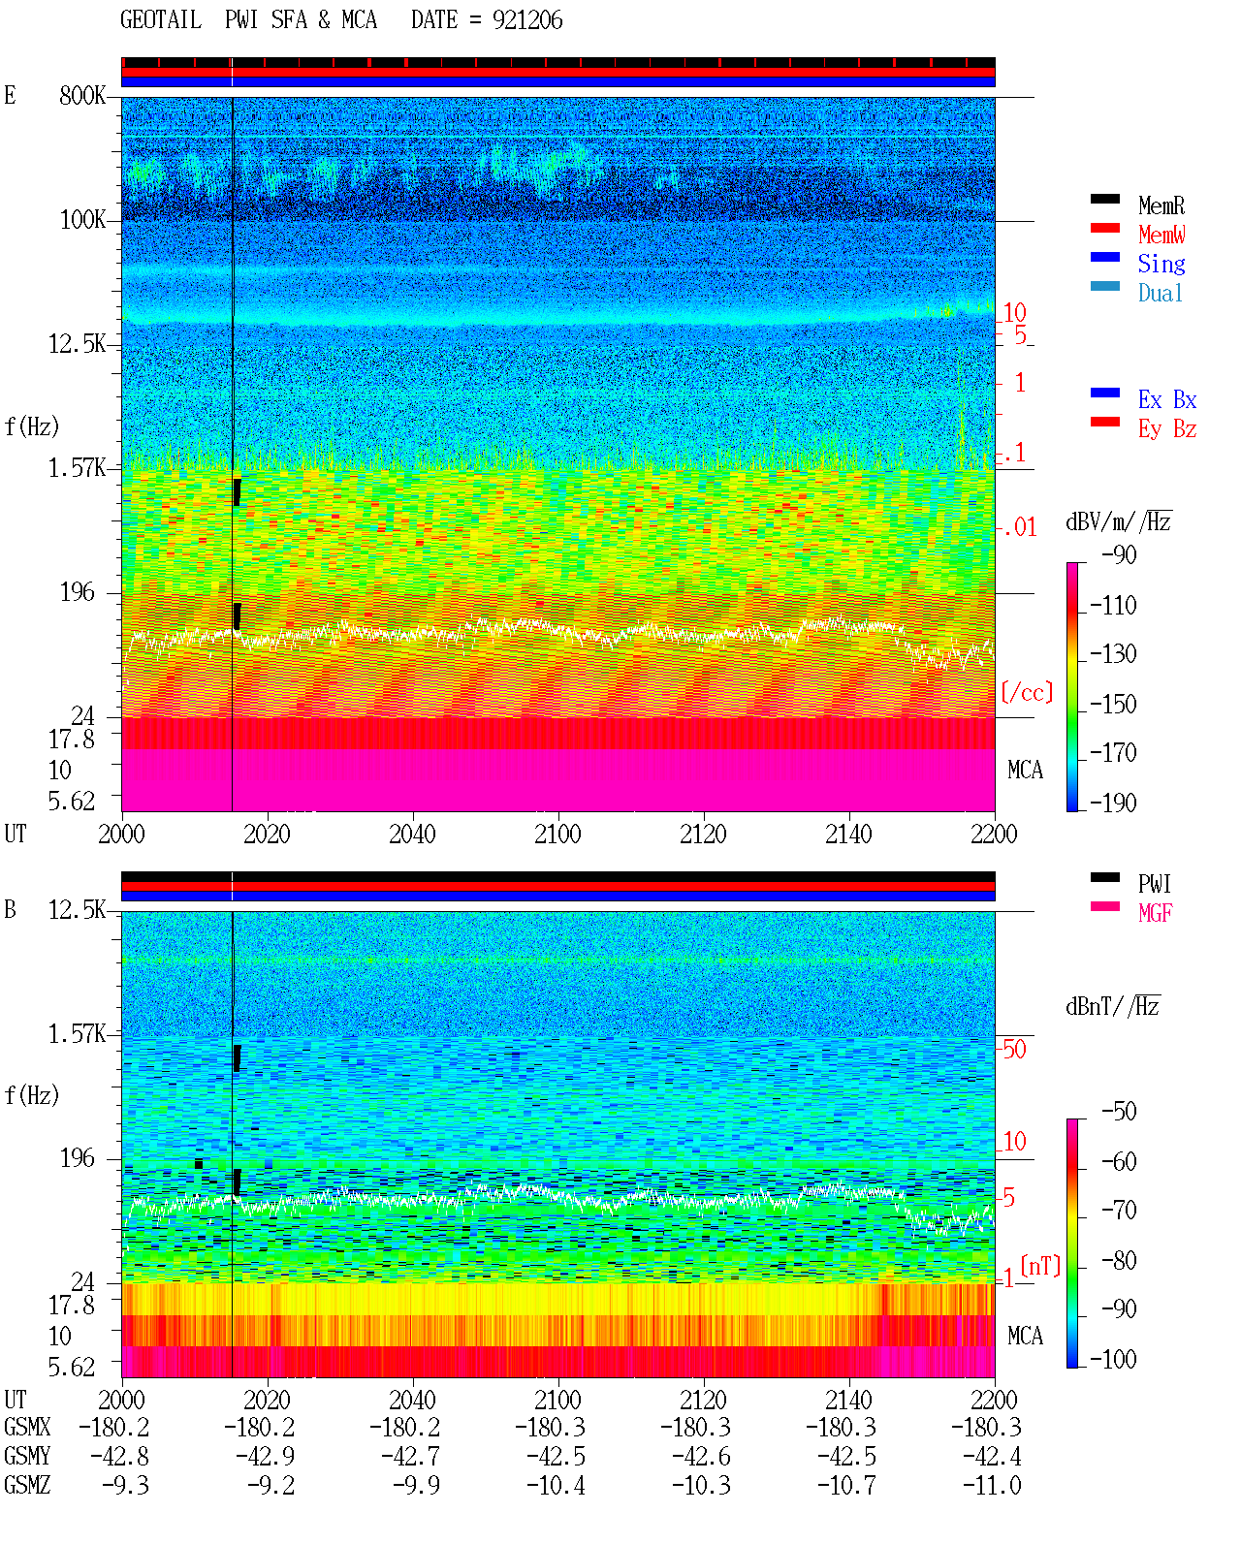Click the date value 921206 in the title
[527, 20]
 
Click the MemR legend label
[1161, 205]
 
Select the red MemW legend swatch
[1104, 228]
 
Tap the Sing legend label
[1161, 264]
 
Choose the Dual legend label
[1160, 293]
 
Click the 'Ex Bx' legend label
[1166, 399]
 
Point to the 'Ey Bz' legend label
[1166, 429]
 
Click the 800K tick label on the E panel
[82, 95]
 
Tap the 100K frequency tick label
[82, 220]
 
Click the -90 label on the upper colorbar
[1119, 554]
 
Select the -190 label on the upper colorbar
[1113, 803]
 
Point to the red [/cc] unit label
[1027, 692]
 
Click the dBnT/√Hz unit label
[1112, 1007]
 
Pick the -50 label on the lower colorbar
[1119, 1112]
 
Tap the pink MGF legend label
[1155, 913]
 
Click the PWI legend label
[1154, 884]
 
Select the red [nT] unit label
[1040, 1266]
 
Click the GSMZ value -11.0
[992, 1485]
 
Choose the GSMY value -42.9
[265, 1457]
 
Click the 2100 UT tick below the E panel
[557, 834]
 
